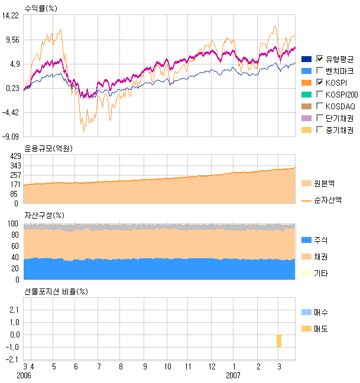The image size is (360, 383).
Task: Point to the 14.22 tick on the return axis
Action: pos(11,17)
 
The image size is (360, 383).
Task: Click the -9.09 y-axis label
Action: pos(11,137)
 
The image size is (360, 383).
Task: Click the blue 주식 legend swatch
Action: pos(306,240)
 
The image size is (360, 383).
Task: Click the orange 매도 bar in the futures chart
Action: pos(278,341)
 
